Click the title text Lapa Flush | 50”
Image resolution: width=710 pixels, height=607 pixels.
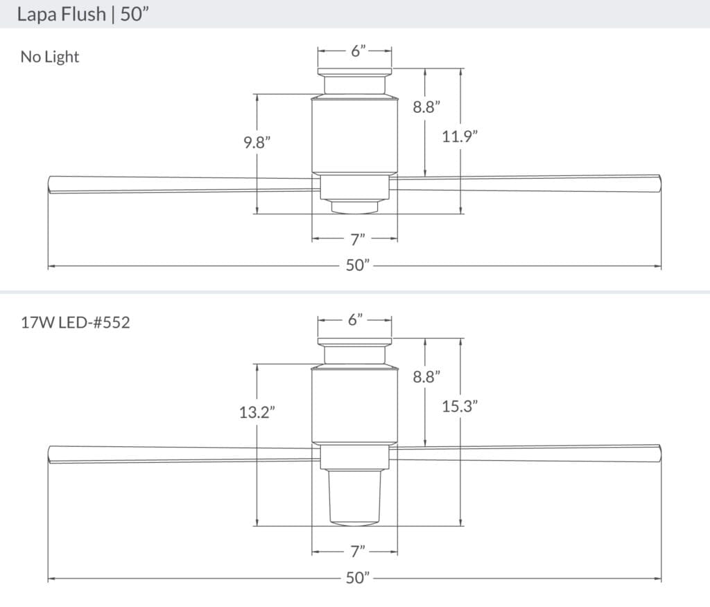[84, 15]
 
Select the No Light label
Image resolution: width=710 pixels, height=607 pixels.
[50, 57]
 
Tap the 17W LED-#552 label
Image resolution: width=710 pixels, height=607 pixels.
[75, 322]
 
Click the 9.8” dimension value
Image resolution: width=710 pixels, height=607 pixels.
[257, 142]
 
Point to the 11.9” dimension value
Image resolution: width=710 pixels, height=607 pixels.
[460, 137]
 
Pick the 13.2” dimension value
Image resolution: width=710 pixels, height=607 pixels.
[257, 412]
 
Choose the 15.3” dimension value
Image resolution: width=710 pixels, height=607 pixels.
[460, 407]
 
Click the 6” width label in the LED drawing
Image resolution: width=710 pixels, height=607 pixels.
[356, 320]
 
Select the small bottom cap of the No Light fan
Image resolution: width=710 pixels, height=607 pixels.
[354, 206]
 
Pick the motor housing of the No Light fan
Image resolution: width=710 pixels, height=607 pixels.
[354, 135]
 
